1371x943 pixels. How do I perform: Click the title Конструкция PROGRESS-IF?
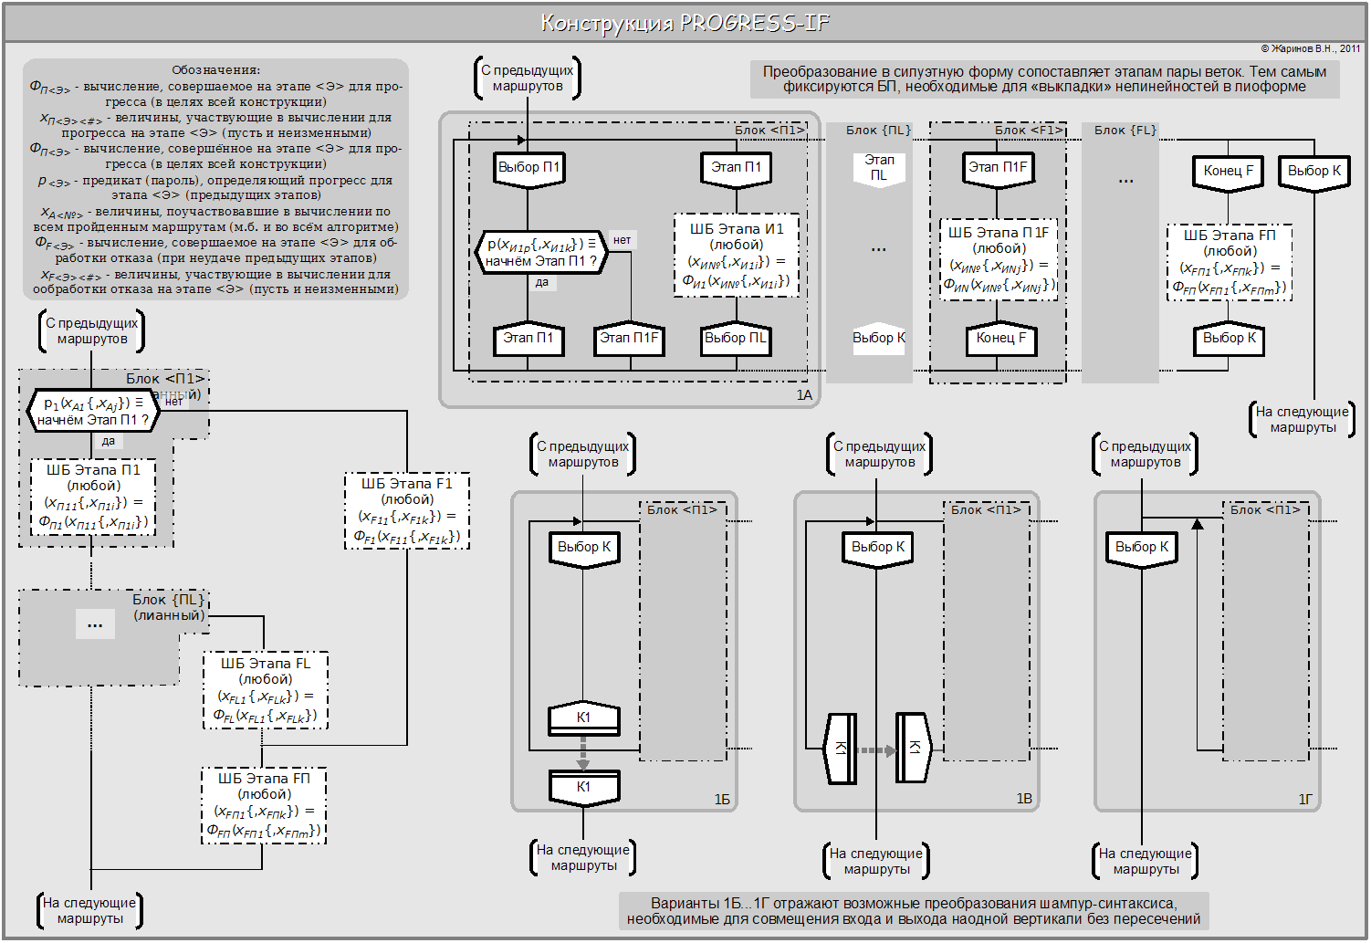pyautogui.click(x=685, y=23)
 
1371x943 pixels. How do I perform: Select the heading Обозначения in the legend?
pyautogui.click(x=215, y=70)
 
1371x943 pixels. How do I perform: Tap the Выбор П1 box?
pyautogui.click(x=529, y=168)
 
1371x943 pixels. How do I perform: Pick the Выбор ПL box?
pyautogui.click(x=736, y=339)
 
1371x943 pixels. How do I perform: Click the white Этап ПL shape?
pyautogui.click(x=879, y=167)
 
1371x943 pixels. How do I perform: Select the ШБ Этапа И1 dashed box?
pyautogui.click(x=736, y=256)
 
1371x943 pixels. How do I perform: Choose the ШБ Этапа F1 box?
pyautogui.click(x=407, y=510)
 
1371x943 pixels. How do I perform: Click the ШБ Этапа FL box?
pyautogui.click(x=265, y=690)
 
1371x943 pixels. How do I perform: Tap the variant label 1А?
pyautogui.click(x=804, y=395)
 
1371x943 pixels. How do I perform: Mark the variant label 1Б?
pyautogui.click(x=722, y=800)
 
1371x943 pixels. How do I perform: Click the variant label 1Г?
pyautogui.click(x=1306, y=800)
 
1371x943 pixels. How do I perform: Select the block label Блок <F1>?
pyautogui.click(x=1029, y=131)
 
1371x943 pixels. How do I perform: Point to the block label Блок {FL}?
pyautogui.click(x=1125, y=131)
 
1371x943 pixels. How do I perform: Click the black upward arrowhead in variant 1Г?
pyautogui.click(x=1198, y=524)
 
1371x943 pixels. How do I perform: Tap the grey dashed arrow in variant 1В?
pyautogui.click(x=877, y=750)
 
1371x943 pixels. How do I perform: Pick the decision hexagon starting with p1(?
pyautogui.click(x=93, y=412)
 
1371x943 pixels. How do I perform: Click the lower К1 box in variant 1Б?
pyautogui.click(x=584, y=787)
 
